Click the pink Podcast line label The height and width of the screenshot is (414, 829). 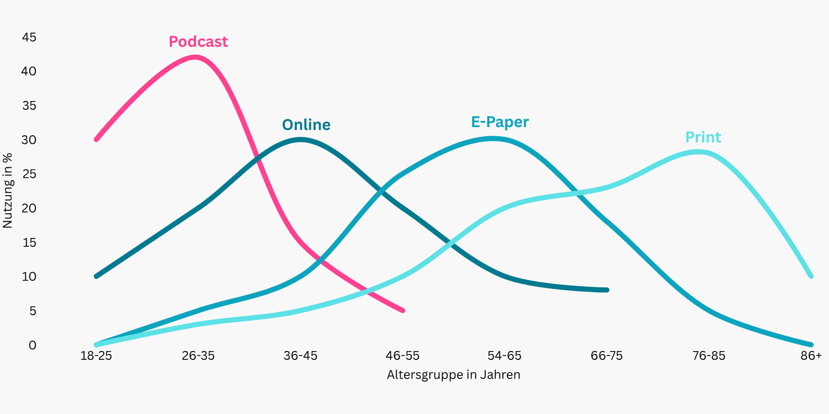click(x=198, y=42)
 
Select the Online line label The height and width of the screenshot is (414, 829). click(x=306, y=125)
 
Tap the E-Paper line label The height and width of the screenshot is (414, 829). click(x=500, y=122)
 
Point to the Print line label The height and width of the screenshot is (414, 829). click(x=703, y=137)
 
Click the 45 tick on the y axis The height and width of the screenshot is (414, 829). click(x=29, y=38)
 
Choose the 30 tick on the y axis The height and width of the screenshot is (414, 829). click(x=29, y=140)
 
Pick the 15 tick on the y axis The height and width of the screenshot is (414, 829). click(x=29, y=243)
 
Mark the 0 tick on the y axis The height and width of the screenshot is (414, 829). click(x=32, y=345)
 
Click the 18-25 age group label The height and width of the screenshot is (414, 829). click(x=96, y=356)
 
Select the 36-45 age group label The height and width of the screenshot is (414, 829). click(x=300, y=356)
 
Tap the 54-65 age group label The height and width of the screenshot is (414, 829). click(x=504, y=356)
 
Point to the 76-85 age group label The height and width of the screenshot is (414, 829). click(x=709, y=356)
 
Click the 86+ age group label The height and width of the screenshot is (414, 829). click(x=811, y=356)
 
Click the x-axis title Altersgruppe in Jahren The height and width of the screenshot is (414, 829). click(x=453, y=375)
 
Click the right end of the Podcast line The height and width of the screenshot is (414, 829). click(x=403, y=311)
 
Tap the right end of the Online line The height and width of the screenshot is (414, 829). click(x=607, y=290)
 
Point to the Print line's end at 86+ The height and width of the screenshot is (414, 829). click(x=811, y=276)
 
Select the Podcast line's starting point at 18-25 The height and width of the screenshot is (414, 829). click(x=96, y=139)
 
